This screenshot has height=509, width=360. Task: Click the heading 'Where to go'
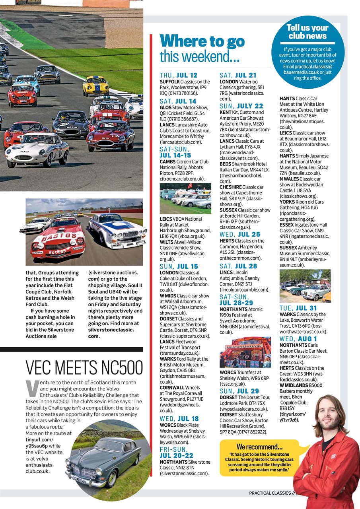point(202,41)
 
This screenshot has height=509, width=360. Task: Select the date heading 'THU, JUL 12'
point(178,75)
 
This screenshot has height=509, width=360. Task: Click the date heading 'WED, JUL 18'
point(179,419)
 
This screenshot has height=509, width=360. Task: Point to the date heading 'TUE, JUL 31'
point(299,308)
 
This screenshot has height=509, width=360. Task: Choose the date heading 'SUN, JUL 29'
point(239,391)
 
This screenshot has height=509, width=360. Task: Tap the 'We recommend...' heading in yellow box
point(259,447)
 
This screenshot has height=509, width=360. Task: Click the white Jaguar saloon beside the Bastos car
point(118,231)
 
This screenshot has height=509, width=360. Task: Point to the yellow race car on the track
point(95,85)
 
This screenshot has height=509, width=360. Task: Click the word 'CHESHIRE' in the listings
point(231,187)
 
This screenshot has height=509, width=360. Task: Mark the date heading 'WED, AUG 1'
point(298,339)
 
